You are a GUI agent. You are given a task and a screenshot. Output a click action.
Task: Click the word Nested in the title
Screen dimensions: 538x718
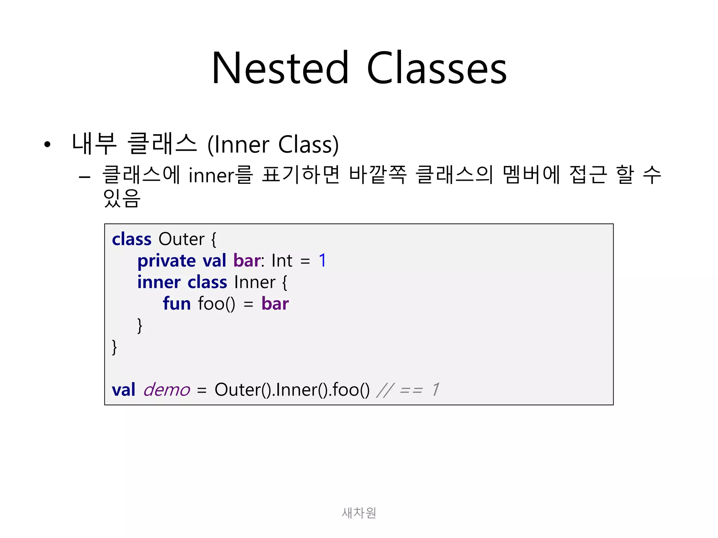coord(280,68)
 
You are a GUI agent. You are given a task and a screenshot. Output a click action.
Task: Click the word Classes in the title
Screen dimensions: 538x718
coord(436,68)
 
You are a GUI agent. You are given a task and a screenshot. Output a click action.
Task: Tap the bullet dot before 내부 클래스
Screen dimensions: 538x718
coord(47,144)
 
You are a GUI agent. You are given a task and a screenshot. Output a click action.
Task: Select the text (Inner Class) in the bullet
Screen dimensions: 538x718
coord(273,144)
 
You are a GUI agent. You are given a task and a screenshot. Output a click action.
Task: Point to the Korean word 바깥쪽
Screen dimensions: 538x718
coord(378,174)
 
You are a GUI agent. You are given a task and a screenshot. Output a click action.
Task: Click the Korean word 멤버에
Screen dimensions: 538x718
coord(531,174)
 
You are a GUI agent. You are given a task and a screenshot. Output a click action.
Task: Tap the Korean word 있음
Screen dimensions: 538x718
coord(122,198)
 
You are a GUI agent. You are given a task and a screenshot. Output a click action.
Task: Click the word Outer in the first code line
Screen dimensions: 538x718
coord(181,239)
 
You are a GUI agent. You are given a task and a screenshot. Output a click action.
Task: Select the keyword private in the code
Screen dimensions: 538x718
coord(167,261)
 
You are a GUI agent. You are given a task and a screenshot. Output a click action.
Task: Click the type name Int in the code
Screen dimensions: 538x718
coord(282,261)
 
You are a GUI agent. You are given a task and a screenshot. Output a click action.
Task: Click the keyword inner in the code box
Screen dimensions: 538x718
coord(159,282)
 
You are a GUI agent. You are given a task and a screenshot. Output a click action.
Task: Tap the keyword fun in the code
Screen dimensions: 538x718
coord(177,304)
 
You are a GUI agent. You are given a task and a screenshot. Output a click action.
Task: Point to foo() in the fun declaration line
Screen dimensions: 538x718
coord(216,304)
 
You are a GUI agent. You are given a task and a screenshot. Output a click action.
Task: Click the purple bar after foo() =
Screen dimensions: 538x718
coord(275,304)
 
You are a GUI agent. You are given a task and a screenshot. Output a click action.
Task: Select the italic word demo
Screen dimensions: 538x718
coord(167,390)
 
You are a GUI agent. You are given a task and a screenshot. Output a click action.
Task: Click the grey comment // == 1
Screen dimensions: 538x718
coord(407,390)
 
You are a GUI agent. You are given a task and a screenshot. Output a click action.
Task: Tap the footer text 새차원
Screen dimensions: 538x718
coord(359,513)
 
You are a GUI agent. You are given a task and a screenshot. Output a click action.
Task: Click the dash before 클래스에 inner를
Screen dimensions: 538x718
coord(84,177)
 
